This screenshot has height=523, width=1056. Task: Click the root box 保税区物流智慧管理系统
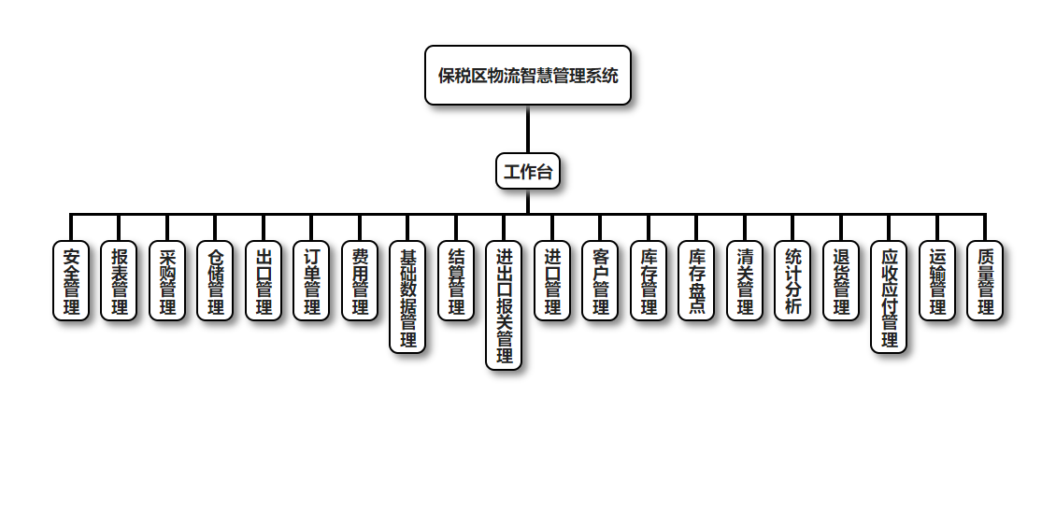[528, 76]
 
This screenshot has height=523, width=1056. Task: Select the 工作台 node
[528, 171]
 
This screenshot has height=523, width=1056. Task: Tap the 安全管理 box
[71, 281]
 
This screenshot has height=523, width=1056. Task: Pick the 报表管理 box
[120, 281]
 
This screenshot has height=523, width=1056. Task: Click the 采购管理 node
[167, 281]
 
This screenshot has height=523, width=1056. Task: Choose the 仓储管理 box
[216, 281]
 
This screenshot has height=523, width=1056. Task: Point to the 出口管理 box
[264, 281]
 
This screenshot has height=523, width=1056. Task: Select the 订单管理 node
[312, 281]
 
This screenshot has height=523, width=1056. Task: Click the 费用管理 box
[360, 281]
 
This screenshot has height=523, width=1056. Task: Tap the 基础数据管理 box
[408, 297]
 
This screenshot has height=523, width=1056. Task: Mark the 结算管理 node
[456, 281]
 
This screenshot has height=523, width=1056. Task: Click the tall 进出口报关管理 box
[505, 305]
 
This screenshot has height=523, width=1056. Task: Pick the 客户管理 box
[601, 281]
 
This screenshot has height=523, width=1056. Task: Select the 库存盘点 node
[697, 281]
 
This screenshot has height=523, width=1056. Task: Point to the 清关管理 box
[745, 281]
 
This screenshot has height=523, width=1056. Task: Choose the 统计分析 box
[793, 281]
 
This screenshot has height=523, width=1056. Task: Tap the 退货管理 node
[841, 281]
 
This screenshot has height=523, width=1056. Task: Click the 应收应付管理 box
[890, 297]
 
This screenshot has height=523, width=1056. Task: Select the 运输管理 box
[937, 281]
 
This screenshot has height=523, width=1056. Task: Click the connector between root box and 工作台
[528, 129]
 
